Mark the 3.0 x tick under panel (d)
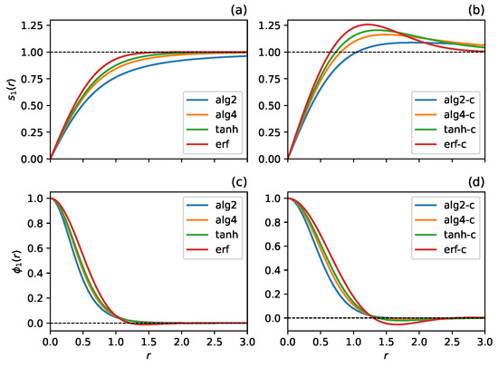[486, 345]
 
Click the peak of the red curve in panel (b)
[369, 24]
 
